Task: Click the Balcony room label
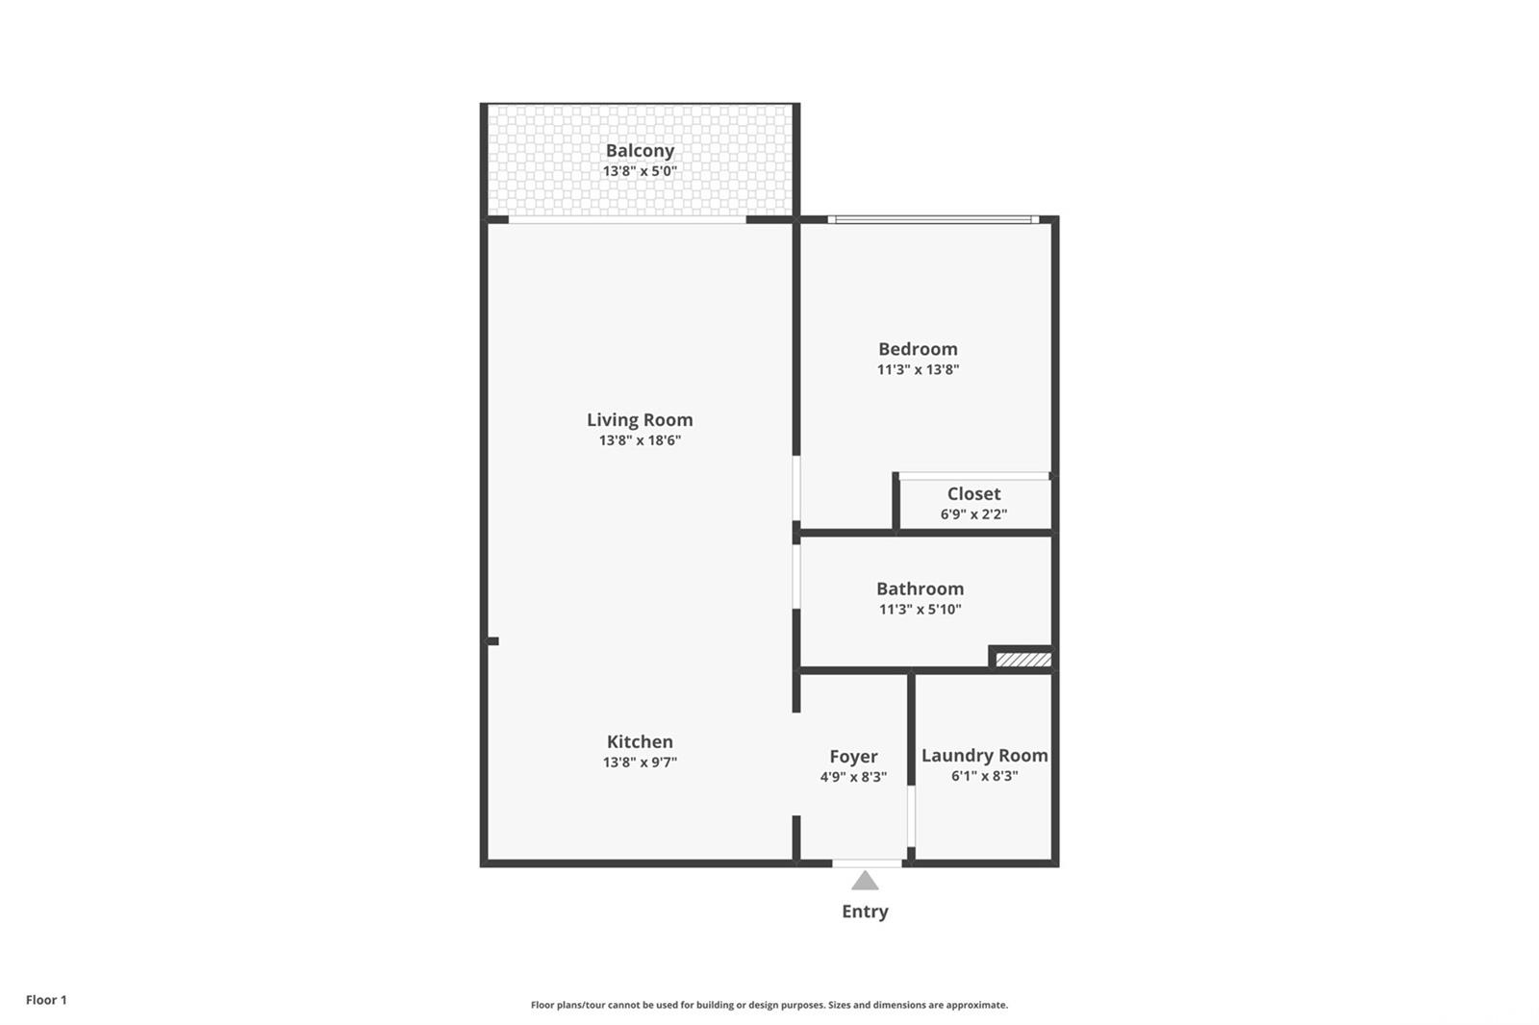coord(640,151)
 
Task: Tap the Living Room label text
coord(640,420)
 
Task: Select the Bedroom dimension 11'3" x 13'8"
coord(918,369)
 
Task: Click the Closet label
coord(973,494)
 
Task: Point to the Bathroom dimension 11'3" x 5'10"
coord(920,609)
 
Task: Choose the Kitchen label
coord(640,741)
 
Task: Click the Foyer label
coord(853,757)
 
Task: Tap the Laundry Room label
coord(984,756)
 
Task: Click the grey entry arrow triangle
coord(865,881)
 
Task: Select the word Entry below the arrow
coord(865,912)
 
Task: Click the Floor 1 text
coord(46,1000)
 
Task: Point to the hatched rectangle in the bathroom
coord(1022,660)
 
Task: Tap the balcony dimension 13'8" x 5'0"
coord(640,171)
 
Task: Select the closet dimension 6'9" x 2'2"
coord(973,514)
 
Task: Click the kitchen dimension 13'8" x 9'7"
coord(640,762)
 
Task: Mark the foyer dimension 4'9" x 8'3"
coord(853,777)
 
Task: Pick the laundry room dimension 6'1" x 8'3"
coord(984,776)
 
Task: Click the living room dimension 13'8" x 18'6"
coord(640,440)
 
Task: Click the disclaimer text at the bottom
coord(769,1005)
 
